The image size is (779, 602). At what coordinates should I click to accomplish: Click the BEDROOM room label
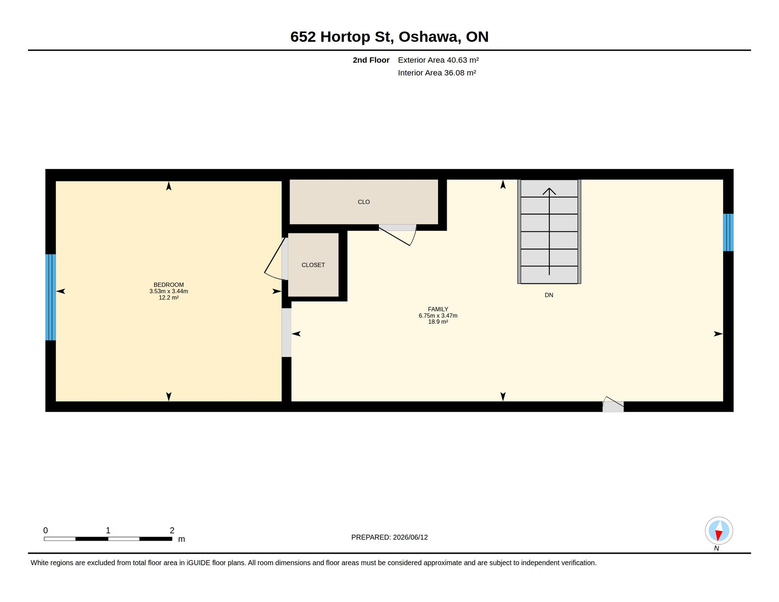pos(168,285)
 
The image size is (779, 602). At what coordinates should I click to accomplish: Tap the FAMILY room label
pos(438,309)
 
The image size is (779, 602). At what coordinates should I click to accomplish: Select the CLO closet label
pos(364,202)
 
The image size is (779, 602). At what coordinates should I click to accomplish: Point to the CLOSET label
pos(313,265)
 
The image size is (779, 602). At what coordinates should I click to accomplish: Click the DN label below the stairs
pos(549,295)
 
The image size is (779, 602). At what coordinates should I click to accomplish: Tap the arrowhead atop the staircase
pos(549,191)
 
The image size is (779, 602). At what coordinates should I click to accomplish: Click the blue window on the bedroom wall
pos(51,297)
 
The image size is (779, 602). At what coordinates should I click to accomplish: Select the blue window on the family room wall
pos(728,232)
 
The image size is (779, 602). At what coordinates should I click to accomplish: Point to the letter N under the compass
pos(716,548)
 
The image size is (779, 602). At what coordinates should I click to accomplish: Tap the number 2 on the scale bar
pos(172,530)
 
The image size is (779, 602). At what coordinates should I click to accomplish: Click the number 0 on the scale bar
pos(45,530)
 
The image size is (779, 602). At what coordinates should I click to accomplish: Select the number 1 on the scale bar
pos(108,530)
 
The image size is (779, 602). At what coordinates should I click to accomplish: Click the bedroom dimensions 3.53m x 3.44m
pos(168,291)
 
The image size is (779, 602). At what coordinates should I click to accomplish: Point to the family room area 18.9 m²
pos(438,321)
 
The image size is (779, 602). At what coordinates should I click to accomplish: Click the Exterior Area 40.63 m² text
pos(438,60)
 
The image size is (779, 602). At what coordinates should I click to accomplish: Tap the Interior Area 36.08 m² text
pos(437,73)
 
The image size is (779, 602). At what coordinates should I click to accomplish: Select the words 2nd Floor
pos(371,60)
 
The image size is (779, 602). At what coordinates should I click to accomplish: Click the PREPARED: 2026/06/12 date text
pos(389,537)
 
